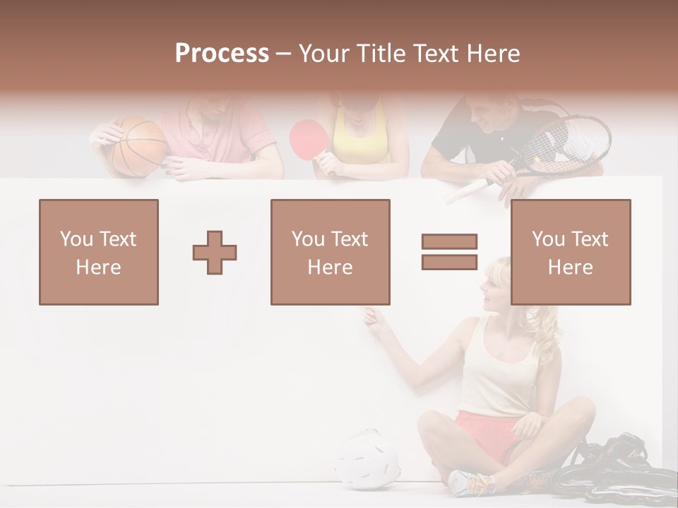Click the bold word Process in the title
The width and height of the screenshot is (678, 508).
pyautogui.click(x=222, y=54)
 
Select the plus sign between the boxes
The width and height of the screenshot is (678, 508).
pyautogui.click(x=215, y=252)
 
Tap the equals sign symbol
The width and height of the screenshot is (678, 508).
pyautogui.click(x=449, y=252)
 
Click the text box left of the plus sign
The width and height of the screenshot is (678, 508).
pyautogui.click(x=99, y=252)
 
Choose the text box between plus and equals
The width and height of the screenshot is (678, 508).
pyautogui.click(x=330, y=252)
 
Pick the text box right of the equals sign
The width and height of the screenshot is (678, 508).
pyautogui.click(x=570, y=252)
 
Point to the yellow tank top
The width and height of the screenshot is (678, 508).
pyautogui.click(x=360, y=138)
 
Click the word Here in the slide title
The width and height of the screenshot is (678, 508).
pyautogui.click(x=494, y=54)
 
